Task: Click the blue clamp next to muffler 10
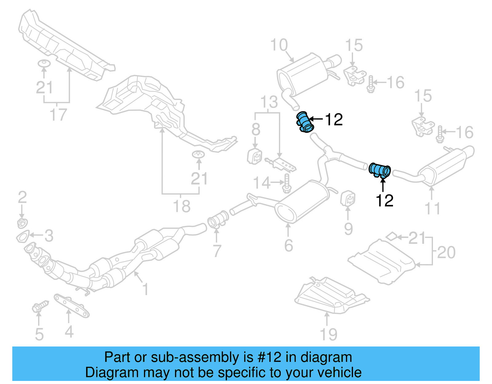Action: point(305,122)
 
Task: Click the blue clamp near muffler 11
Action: point(380,170)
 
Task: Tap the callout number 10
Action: point(279,45)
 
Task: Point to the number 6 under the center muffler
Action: point(288,245)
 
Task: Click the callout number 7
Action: point(217,251)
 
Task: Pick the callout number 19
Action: point(328,334)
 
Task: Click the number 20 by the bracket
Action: point(446,252)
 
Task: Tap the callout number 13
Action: point(269,102)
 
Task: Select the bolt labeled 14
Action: point(287,183)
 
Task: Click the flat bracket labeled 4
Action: point(71,306)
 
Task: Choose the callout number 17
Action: point(58,115)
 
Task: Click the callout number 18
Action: point(182,206)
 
